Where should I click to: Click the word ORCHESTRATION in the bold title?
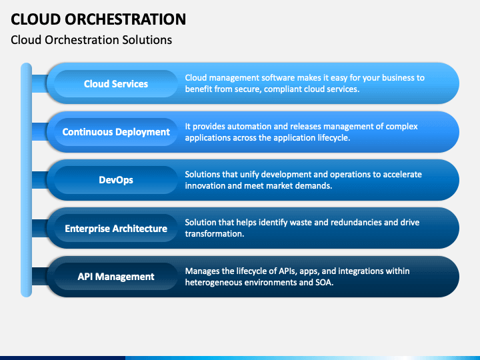125,19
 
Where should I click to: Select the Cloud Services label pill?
116,83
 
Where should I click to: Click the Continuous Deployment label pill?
116,132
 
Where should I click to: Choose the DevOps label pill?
116,180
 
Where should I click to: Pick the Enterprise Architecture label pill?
116,229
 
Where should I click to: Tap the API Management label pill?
116,277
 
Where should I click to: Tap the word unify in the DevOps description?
249,175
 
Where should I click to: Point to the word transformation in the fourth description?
214,234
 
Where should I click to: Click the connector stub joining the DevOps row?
40,180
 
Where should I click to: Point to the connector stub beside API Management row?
40,277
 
